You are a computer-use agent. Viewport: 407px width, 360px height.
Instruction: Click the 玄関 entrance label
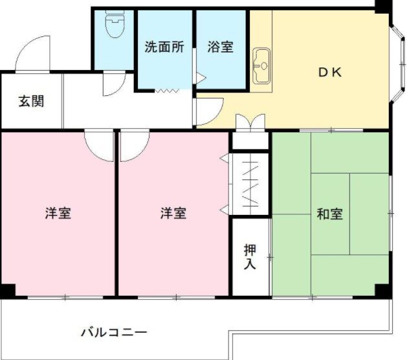click(x=31, y=102)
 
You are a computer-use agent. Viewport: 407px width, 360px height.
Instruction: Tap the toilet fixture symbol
click(x=115, y=27)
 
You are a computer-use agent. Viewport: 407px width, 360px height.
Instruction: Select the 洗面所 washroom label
click(x=164, y=47)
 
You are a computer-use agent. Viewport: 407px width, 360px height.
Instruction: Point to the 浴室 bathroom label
click(x=221, y=47)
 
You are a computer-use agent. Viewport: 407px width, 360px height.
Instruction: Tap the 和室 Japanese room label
click(x=329, y=214)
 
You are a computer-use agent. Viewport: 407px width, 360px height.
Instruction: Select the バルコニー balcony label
click(x=114, y=333)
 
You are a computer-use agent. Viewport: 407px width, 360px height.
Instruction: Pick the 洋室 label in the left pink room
click(x=58, y=213)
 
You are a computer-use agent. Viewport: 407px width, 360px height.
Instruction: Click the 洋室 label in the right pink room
click(x=173, y=213)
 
